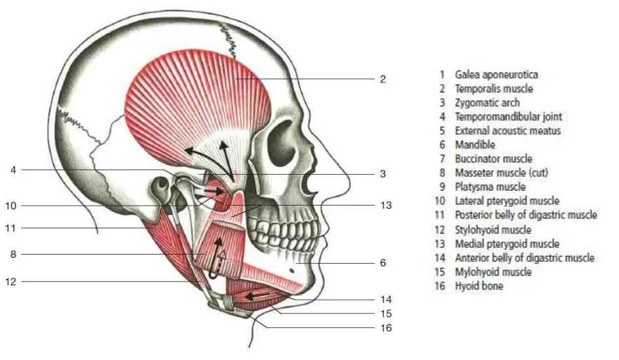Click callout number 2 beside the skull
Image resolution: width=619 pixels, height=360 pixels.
click(383, 79)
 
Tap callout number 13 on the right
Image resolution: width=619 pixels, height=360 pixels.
click(386, 205)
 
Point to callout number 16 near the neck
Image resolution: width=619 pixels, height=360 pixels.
click(386, 327)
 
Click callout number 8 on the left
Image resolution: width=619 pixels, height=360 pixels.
click(12, 254)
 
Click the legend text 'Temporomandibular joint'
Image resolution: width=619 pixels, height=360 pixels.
click(508, 117)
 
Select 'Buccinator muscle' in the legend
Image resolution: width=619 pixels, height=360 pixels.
click(493, 159)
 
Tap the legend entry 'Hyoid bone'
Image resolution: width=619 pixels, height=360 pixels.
click(479, 286)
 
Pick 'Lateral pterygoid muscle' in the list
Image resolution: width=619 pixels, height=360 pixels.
click(507, 201)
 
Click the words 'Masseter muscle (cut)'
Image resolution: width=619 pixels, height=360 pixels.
click(502, 173)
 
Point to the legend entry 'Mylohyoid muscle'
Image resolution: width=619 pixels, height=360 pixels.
click(493, 272)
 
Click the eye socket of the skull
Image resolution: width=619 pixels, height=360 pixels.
click(282, 141)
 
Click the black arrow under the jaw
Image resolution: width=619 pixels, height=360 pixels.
click(257, 296)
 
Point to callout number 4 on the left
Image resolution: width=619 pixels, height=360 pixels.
click(12, 170)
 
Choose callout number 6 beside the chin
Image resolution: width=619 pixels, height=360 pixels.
click(383, 262)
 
